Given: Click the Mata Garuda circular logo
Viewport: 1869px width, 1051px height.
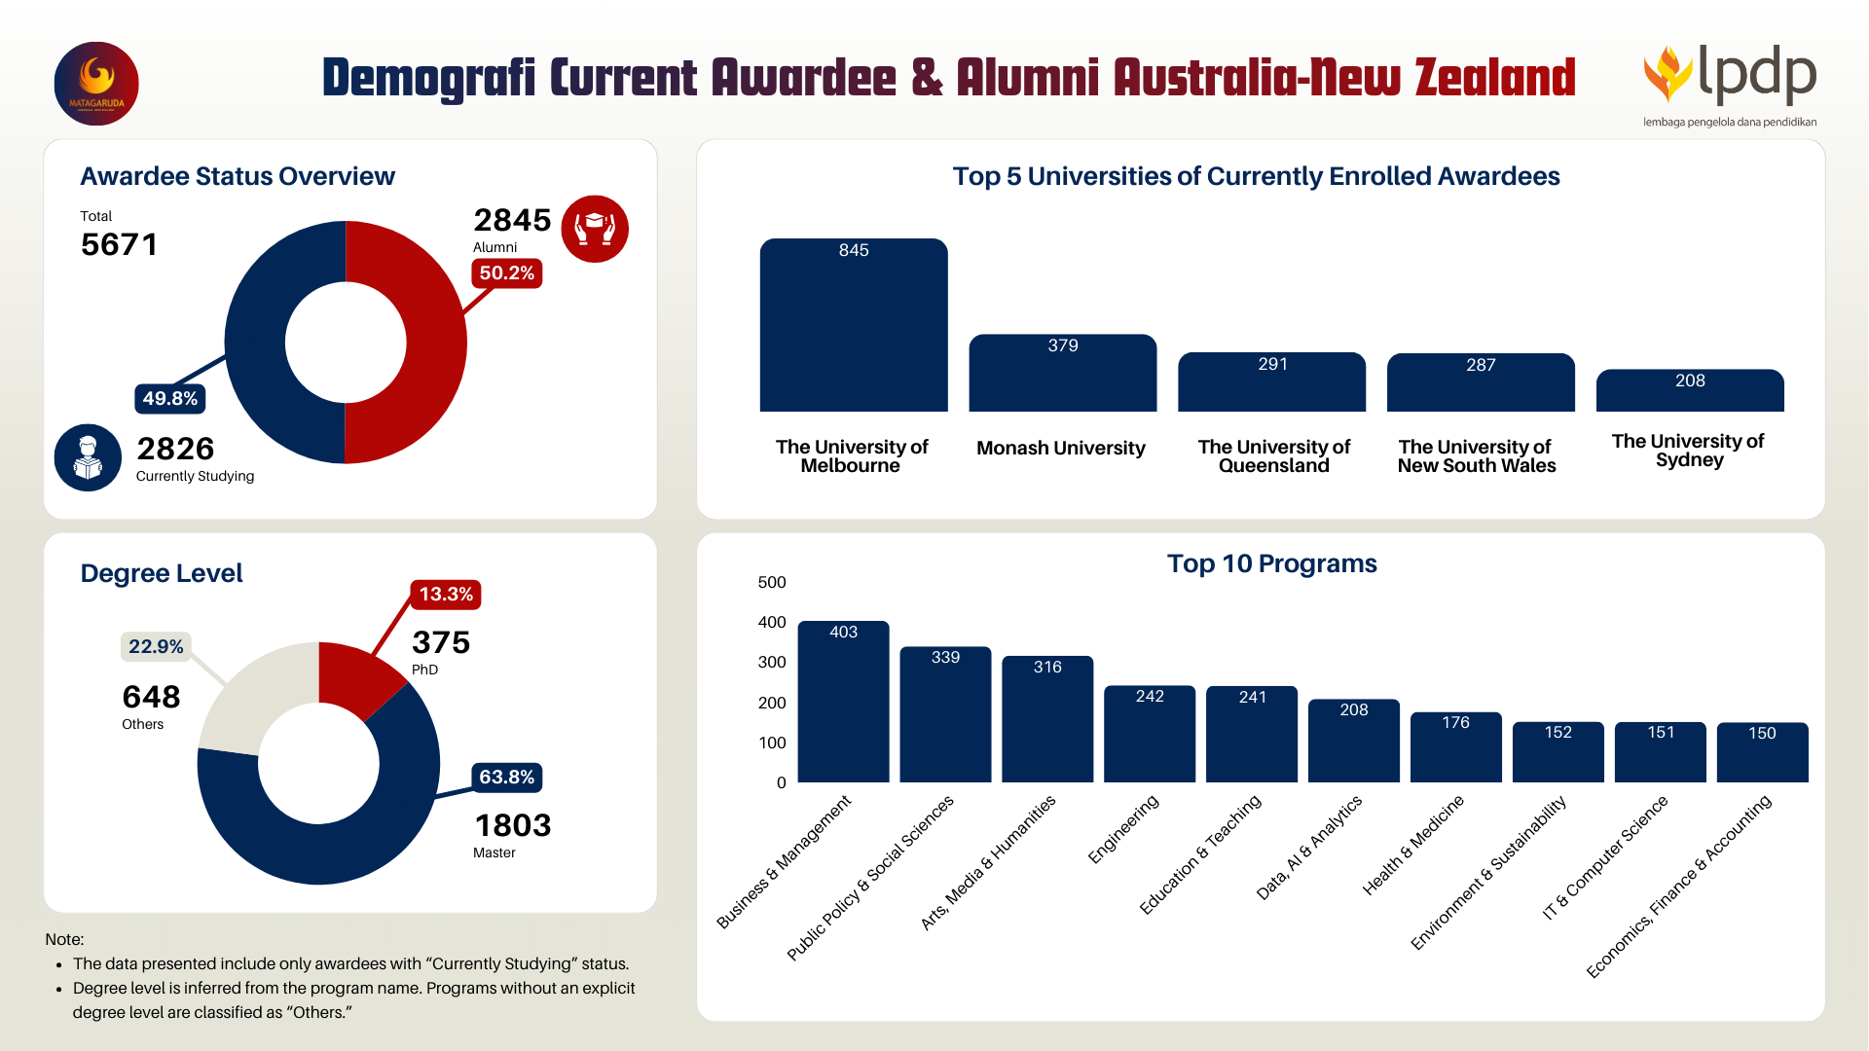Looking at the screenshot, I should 96,84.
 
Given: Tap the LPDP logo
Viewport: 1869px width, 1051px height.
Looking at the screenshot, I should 1730,84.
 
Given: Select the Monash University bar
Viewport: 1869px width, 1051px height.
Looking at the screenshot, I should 1062,375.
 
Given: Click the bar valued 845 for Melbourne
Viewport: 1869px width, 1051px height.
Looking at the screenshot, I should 853,326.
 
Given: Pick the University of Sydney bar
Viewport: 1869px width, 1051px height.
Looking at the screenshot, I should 1689,391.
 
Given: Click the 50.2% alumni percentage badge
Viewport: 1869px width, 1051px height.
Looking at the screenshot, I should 506,273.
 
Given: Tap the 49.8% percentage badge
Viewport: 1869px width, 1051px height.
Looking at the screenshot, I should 169,398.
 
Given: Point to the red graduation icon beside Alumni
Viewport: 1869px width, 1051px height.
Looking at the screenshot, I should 595,229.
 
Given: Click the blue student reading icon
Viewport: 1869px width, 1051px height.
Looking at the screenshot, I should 88,457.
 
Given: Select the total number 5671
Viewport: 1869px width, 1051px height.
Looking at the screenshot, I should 119,244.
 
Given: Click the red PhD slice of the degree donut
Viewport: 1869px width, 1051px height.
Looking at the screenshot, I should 355,675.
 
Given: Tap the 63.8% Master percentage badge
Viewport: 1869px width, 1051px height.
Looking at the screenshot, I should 506,778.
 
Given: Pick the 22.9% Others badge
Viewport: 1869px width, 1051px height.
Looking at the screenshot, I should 156,647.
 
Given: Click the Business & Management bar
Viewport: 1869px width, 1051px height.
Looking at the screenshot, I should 843,703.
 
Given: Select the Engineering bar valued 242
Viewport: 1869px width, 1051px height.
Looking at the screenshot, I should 1149,735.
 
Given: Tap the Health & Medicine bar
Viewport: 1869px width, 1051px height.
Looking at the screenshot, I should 1455,747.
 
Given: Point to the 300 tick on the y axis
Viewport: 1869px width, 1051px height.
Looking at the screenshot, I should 772,663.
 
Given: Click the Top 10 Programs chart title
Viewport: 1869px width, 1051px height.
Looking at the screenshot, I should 1271,564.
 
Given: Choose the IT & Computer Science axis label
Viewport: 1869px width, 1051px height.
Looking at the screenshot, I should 1605,857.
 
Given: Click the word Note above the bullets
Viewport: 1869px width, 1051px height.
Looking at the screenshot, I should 64,940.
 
